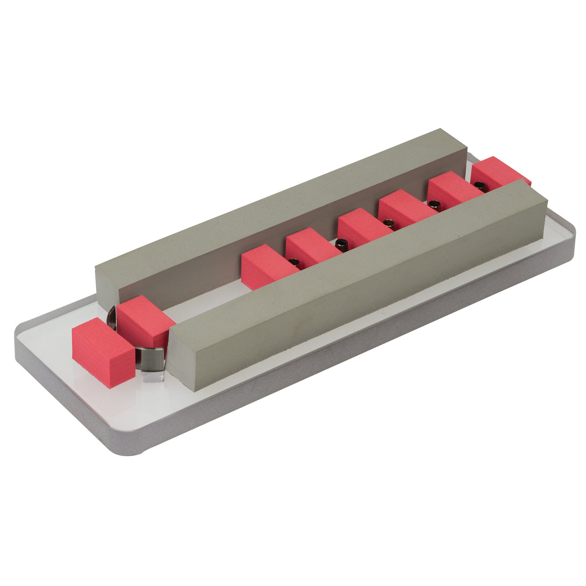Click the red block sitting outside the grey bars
click(x=102, y=352)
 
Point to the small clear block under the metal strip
click(x=153, y=377)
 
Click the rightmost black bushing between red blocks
click(x=478, y=184)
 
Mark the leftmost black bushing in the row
click(x=294, y=262)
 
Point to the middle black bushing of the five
click(x=389, y=223)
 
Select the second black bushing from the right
click(x=434, y=204)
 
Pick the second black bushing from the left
click(x=341, y=243)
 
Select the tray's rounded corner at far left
click(x=22, y=333)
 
